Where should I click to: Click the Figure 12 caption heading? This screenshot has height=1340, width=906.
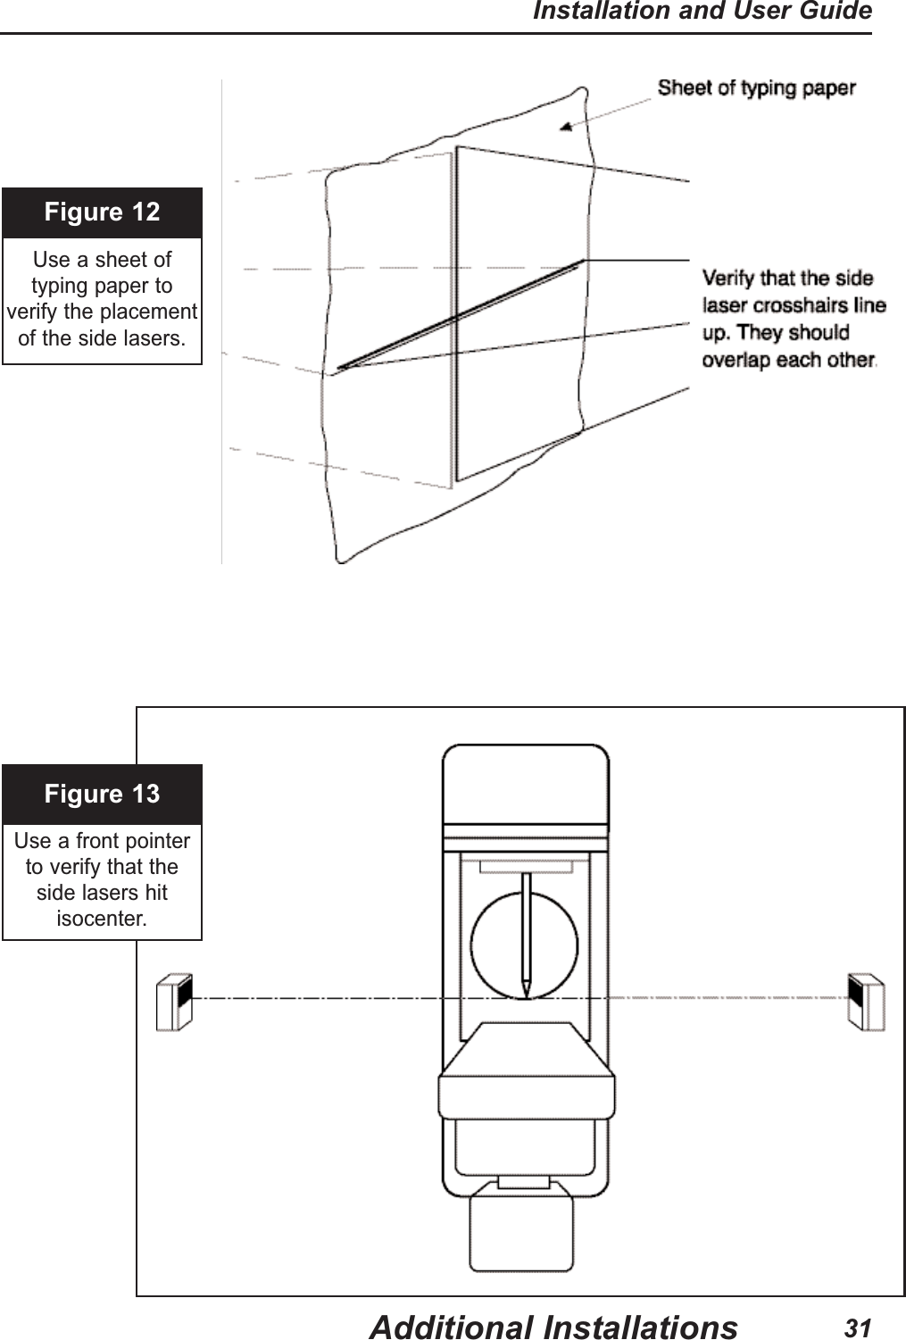102,212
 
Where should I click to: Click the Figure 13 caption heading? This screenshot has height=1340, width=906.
102,794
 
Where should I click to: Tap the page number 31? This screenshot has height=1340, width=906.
857,1328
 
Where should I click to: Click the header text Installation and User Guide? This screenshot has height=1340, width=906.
702,12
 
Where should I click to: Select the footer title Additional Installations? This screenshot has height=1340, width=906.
553,1328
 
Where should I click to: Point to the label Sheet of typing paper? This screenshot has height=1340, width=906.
756,88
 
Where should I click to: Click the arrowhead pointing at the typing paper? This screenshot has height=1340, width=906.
566,128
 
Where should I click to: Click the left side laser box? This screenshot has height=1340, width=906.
174,1003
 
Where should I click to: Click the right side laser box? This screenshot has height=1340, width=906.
866,1003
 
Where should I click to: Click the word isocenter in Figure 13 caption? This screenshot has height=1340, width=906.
102,919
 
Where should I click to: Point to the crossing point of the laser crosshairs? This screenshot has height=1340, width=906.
456,317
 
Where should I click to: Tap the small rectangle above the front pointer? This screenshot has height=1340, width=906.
526,866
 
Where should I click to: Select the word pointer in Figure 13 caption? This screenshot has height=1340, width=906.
159,841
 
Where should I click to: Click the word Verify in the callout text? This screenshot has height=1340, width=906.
728,278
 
